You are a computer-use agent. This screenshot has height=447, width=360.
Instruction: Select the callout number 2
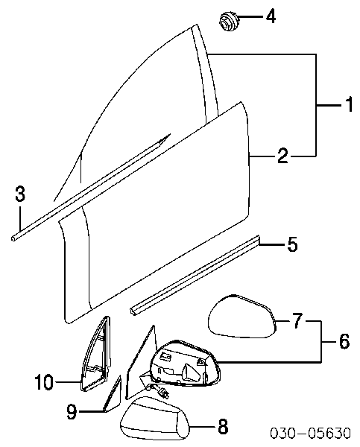(282, 156)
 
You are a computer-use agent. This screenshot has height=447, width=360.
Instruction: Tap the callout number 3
(19, 194)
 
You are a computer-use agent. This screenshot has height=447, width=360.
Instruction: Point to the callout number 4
(271, 16)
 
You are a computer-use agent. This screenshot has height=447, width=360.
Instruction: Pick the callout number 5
(292, 244)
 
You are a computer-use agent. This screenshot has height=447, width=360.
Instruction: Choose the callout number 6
(344, 341)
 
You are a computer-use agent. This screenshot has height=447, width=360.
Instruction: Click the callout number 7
(297, 320)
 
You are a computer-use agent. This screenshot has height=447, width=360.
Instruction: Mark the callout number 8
(223, 426)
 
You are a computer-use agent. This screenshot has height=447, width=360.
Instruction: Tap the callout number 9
(72, 410)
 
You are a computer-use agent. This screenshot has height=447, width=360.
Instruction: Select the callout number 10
(44, 382)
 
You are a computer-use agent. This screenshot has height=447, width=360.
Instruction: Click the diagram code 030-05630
(310, 433)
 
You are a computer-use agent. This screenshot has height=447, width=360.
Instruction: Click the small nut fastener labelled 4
(229, 21)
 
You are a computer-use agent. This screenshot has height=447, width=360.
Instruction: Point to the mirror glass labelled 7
(242, 317)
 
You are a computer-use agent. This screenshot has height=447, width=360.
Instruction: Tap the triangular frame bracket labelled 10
(97, 355)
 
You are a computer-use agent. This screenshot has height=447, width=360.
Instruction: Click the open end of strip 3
(13, 238)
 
